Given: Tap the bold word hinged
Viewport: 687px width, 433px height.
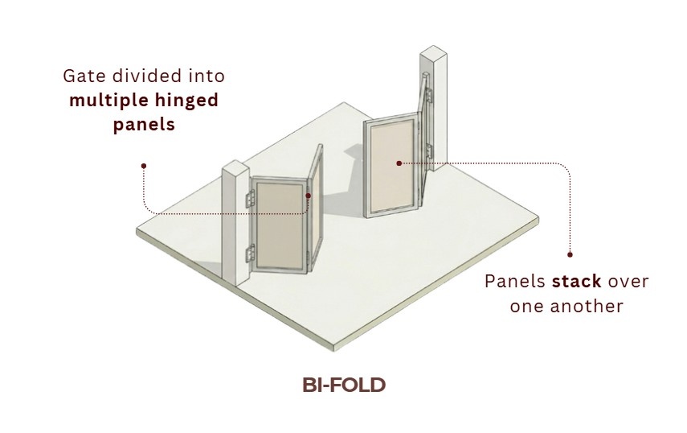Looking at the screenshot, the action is (x=190, y=101).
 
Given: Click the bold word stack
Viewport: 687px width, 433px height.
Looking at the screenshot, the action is (x=576, y=281).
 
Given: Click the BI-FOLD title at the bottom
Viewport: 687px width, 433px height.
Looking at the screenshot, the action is (x=344, y=385).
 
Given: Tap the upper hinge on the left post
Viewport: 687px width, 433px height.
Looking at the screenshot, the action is (x=250, y=199).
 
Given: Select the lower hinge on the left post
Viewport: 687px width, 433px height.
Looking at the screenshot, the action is (x=250, y=254).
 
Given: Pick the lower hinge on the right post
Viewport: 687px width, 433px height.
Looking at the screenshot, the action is (x=429, y=151).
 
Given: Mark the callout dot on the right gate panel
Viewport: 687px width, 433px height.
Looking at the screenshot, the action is (x=399, y=163).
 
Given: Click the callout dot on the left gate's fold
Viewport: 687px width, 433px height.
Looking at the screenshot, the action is (x=308, y=196).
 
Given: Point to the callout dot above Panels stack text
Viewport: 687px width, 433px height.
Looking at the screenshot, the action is (x=570, y=254).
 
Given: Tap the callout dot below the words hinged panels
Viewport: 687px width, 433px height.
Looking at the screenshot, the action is (x=144, y=166).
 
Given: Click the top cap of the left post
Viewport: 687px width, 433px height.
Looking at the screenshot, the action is (x=235, y=166).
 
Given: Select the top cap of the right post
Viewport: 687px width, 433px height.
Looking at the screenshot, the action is (x=433, y=52).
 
